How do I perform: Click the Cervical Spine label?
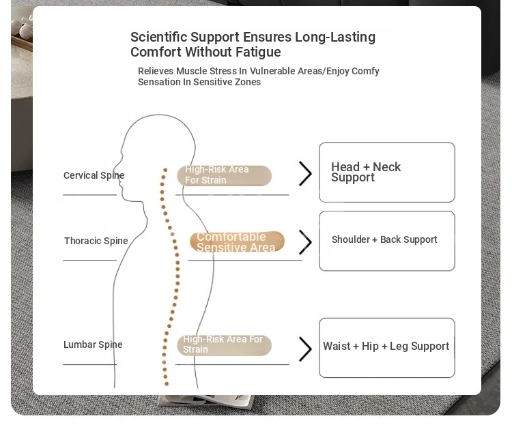point(94,175)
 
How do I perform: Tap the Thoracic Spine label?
point(96,241)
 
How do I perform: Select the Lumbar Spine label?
point(93,344)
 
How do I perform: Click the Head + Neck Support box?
point(386,172)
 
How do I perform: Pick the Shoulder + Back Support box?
point(386,240)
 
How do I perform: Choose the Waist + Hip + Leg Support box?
point(386,347)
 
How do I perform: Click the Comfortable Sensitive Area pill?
point(236,241)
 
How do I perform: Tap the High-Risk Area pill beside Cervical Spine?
point(224,175)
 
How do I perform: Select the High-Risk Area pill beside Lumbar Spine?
point(224,344)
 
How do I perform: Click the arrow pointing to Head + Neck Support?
point(305,173)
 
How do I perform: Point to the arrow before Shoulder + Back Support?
point(305,242)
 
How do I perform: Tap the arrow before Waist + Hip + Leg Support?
point(305,349)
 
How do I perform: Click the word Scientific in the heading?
point(158,37)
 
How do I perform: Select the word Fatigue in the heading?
point(257,53)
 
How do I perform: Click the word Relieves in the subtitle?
point(156,71)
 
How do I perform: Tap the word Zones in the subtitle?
point(247,82)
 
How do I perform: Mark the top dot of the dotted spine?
point(165,169)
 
